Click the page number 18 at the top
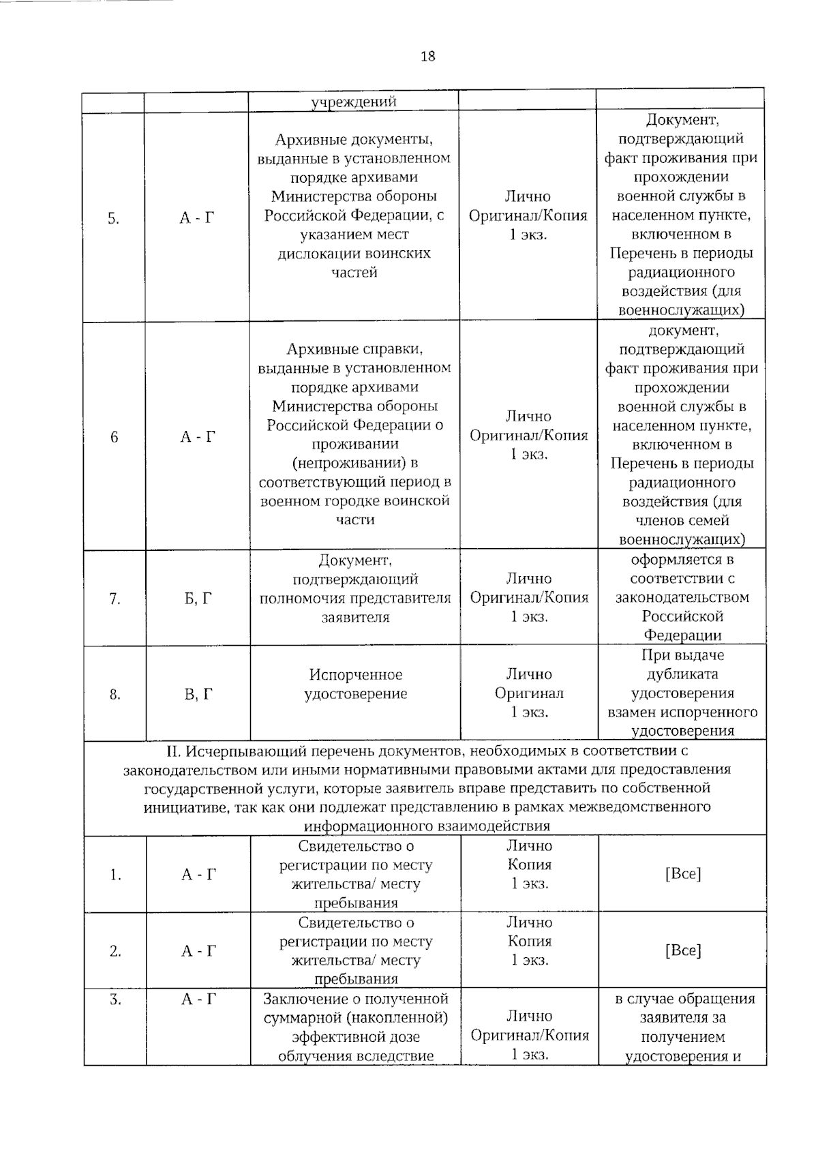pyautogui.click(x=427, y=57)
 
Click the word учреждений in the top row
pyautogui.click(x=354, y=102)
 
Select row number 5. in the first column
pyautogui.click(x=113, y=219)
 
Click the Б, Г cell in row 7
pyautogui.click(x=198, y=599)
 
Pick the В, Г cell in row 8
pyautogui.click(x=198, y=695)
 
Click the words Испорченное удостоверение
pyautogui.click(x=355, y=685)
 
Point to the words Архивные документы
pyautogui.click(x=354, y=140)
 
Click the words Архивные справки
pyautogui.click(x=354, y=350)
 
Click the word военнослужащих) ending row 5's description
pyautogui.click(x=681, y=310)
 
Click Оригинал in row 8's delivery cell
pyautogui.click(x=529, y=693)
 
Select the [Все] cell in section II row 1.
pyautogui.click(x=682, y=874)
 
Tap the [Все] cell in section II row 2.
pyautogui.click(x=682, y=950)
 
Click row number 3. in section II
pyautogui.click(x=115, y=1000)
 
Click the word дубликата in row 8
pyautogui.click(x=682, y=674)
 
